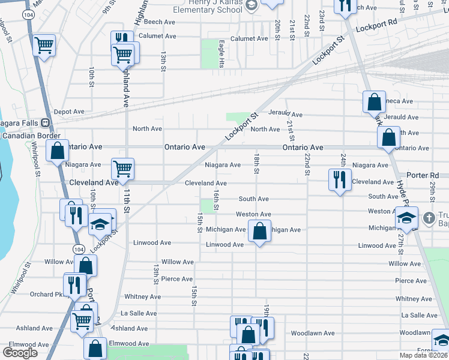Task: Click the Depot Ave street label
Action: point(69,112)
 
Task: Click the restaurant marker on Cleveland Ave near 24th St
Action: point(339,179)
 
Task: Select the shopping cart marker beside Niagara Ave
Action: point(122,169)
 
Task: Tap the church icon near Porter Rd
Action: point(429,217)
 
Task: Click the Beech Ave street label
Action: point(159,22)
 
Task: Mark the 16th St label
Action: point(215,195)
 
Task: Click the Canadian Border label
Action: point(28,135)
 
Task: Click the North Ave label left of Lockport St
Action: point(147,128)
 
